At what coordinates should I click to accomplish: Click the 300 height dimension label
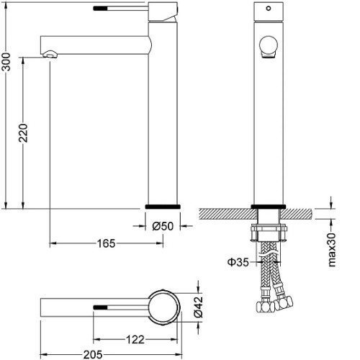coord(6,62)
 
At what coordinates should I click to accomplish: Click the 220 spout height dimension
coord(24,132)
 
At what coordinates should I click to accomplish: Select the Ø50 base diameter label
coord(163,226)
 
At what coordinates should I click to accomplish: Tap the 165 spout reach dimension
coord(106,243)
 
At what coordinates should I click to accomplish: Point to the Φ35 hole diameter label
coord(238,262)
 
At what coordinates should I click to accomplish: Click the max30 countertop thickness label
coord(332,250)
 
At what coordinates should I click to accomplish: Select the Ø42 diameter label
coord(199,307)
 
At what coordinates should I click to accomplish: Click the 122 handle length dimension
coord(135,340)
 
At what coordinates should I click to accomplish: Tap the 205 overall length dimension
coord(93,354)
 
